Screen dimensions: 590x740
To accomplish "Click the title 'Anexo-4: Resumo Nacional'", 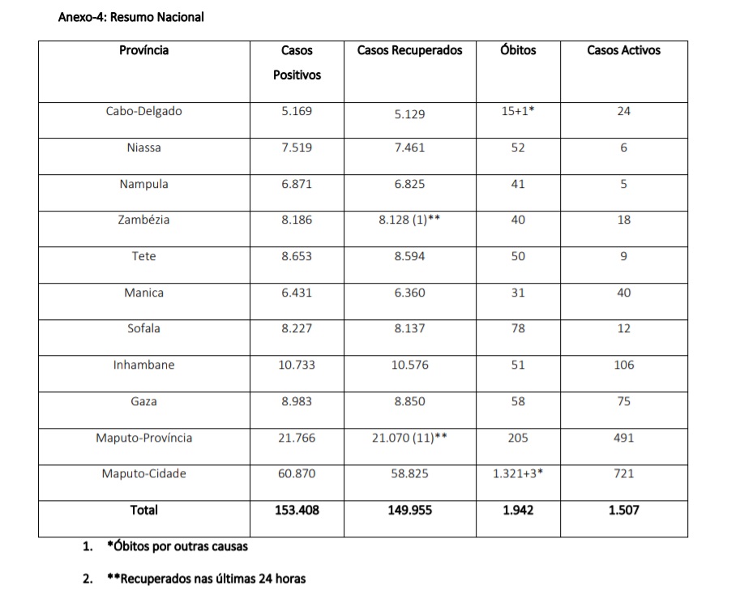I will pos(130,16).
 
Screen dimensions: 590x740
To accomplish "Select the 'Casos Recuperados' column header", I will pos(409,50).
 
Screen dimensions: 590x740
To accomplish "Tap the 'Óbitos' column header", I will pos(518,50).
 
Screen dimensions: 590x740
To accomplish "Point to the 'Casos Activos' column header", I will pos(623,50).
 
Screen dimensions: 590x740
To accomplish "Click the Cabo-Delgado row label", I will pos(143,112).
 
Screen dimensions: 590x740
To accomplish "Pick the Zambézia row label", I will pos(143,220).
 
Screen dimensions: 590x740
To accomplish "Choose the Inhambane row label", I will pos(143,365).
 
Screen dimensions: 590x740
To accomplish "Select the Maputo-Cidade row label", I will pos(143,473).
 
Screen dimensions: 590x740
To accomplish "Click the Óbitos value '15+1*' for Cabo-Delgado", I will pos(518,112).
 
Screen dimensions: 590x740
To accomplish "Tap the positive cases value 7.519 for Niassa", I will pos(297,147).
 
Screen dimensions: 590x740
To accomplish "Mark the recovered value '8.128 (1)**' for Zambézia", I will pos(409,220).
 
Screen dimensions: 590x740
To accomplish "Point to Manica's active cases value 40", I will pos(623,293).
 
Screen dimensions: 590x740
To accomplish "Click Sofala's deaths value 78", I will pos(518,328).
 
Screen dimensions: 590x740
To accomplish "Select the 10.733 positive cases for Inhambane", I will pos(297,365).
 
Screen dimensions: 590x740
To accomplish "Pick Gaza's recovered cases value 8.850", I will pos(409,401).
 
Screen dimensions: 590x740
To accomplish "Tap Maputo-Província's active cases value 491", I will pos(623,438).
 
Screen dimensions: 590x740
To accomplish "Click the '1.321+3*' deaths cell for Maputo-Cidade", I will pos(518,473).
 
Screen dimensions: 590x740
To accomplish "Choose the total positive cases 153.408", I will pos(297,511).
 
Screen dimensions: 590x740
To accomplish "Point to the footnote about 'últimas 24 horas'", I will pos(206,579).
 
